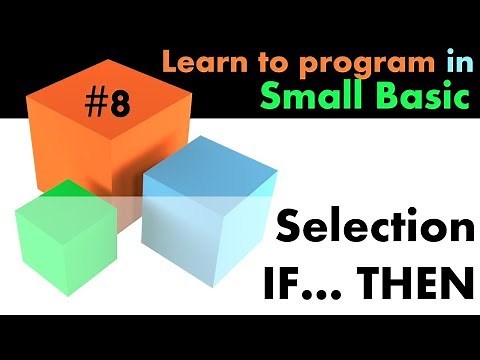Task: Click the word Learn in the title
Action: click(x=195, y=63)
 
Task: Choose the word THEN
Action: click(x=419, y=283)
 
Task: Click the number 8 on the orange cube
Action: click(x=119, y=105)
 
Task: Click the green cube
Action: click(x=65, y=240)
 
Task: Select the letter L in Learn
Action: click(x=169, y=63)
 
